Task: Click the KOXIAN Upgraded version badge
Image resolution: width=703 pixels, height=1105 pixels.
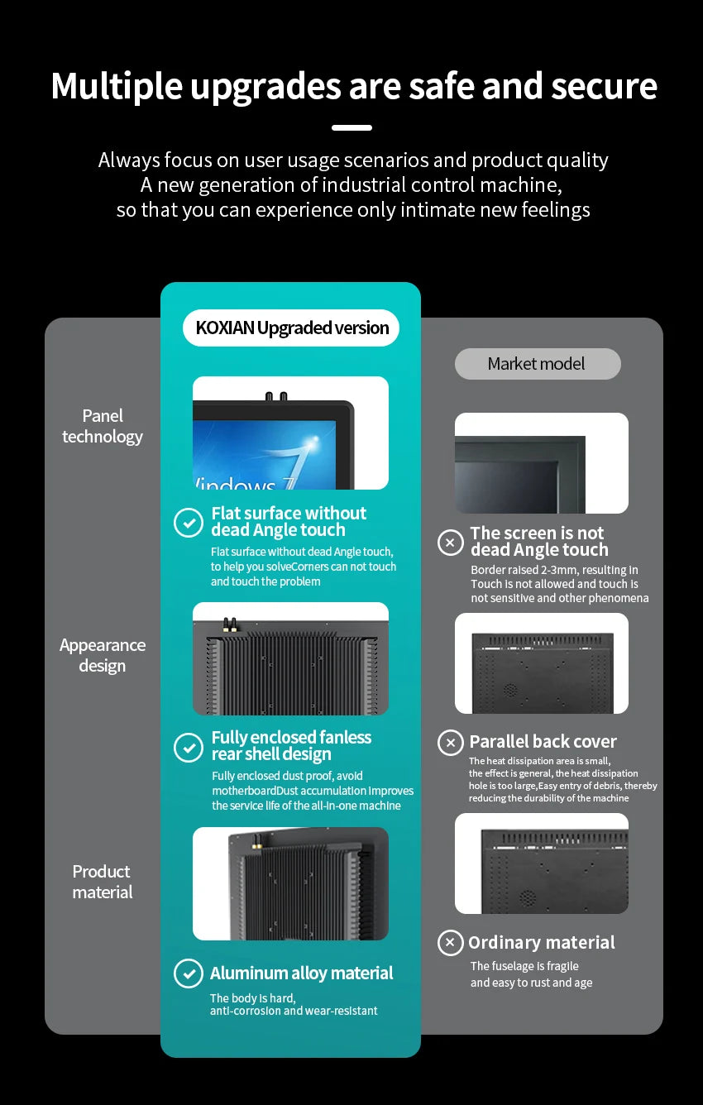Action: (x=291, y=328)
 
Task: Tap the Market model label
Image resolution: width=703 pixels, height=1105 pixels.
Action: (x=537, y=364)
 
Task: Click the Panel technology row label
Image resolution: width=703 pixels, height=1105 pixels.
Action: (x=103, y=426)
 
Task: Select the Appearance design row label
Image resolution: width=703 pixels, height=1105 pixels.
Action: (x=103, y=655)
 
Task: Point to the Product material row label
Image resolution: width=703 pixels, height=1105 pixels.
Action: (x=103, y=882)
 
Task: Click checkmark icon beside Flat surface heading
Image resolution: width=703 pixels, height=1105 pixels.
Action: (x=189, y=523)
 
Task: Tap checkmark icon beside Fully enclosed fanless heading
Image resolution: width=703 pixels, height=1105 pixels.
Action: (x=189, y=747)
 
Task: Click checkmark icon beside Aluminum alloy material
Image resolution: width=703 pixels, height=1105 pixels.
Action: (x=189, y=973)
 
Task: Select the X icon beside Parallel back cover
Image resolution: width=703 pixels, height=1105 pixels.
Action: (x=451, y=743)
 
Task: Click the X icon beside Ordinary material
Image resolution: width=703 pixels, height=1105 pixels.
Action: (x=451, y=943)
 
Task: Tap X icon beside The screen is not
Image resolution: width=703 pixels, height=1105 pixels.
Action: (x=451, y=543)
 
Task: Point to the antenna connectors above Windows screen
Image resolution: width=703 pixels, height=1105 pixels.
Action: (x=275, y=397)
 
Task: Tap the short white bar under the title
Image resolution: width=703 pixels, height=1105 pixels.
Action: (x=351, y=127)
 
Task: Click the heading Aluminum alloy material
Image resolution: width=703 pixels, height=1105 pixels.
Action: (x=301, y=973)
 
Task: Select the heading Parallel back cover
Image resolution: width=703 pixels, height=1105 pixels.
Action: (x=543, y=742)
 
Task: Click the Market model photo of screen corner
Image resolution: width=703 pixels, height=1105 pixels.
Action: (x=541, y=463)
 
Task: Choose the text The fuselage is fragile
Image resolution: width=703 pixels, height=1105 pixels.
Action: (x=524, y=966)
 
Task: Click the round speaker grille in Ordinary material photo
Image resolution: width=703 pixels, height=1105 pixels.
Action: (x=527, y=897)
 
